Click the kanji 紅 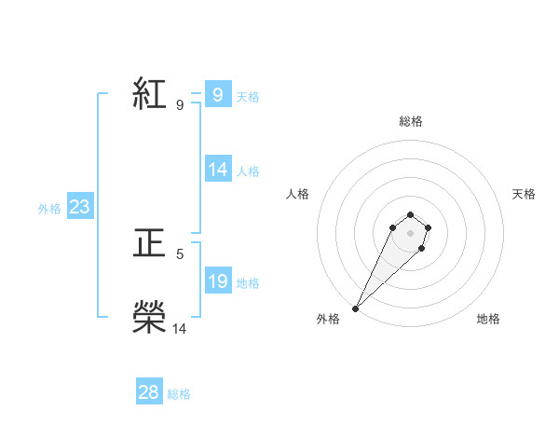[149, 95]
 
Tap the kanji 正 [149, 245]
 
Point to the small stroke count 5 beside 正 [179, 253]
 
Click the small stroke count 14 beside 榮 [179, 328]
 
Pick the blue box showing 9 [217, 95]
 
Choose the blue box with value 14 [218, 170]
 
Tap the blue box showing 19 [218, 281]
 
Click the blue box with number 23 [79, 207]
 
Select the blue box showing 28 [149, 392]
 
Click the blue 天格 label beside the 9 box [248, 97]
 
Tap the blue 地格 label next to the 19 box [248, 283]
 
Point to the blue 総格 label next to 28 [179, 394]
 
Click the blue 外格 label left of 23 [49, 209]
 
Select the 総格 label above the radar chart [410, 121]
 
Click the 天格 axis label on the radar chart [524, 194]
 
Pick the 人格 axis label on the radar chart [298, 194]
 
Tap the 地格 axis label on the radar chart [488, 319]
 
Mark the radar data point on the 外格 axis [356, 308]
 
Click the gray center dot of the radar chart [410, 233]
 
